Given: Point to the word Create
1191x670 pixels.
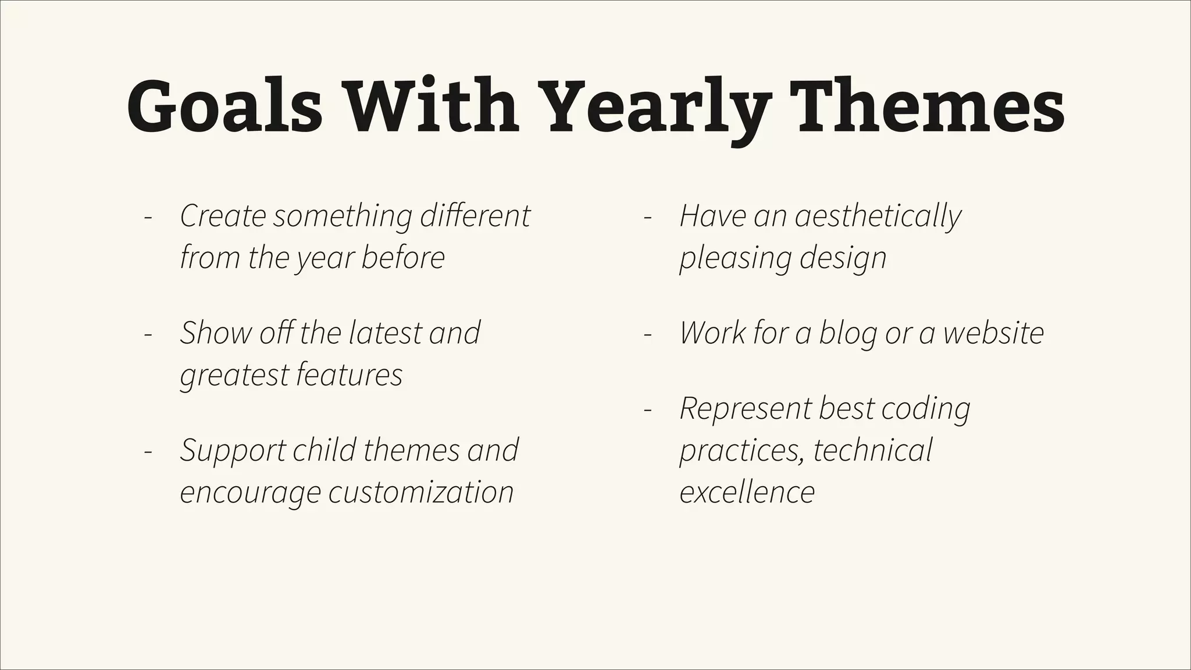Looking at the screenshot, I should click(x=223, y=216).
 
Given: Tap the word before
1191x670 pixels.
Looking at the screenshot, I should click(x=403, y=258).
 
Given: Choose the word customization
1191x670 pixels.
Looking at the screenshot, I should click(x=421, y=493).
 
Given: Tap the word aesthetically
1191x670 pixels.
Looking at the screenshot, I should click(x=878, y=217).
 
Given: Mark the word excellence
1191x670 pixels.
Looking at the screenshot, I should click(x=747, y=493).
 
